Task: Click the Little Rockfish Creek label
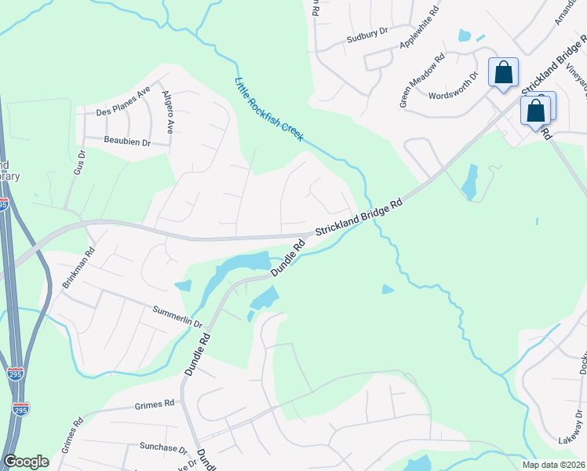[269, 110]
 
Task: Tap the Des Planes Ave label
[122, 102]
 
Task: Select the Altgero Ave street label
[167, 113]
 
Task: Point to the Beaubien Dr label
[126, 141]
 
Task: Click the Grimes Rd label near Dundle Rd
[154, 405]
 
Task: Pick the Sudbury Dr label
[368, 32]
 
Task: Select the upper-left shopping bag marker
[503, 72]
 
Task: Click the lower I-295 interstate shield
[21, 409]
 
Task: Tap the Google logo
[27, 462]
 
